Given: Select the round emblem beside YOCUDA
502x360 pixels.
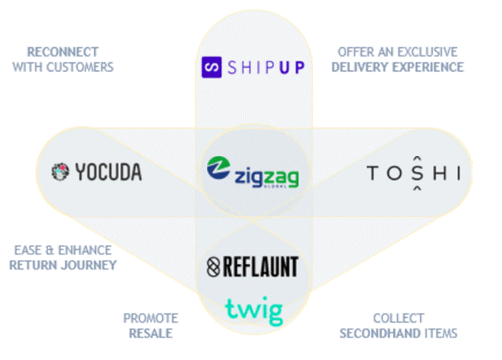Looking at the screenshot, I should coord(61,172).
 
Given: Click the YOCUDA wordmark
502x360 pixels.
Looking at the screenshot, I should coord(108,172).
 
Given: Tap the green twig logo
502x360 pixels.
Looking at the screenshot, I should coord(254,310).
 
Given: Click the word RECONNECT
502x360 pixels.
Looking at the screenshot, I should coord(63,52).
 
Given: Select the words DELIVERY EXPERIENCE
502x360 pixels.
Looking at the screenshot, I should coord(397,67).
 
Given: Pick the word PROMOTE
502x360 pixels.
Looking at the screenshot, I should coord(150,318).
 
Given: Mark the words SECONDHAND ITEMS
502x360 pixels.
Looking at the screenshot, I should coord(398,333).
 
